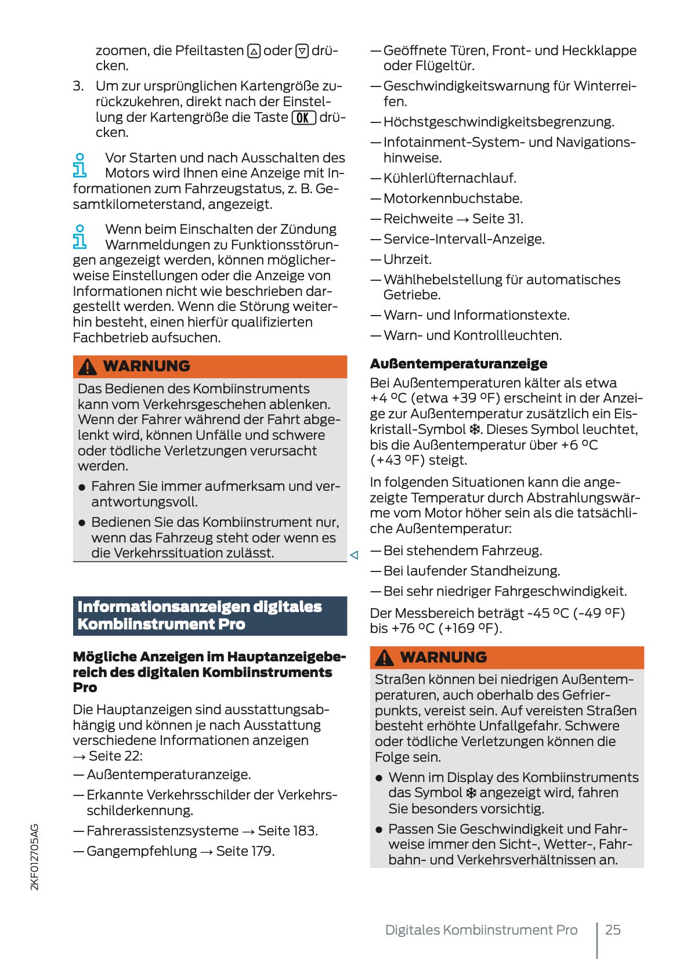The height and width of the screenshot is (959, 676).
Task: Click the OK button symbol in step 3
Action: click(303, 118)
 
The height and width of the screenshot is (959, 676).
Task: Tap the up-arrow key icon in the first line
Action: click(254, 52)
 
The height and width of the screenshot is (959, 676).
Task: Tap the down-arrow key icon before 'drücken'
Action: click(302, 52)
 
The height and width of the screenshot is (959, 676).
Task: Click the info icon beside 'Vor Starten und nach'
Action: click(80, 165)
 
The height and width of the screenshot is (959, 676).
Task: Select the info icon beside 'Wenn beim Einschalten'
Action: click(80, 237)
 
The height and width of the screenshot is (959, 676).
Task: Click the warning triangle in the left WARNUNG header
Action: click(88, 367)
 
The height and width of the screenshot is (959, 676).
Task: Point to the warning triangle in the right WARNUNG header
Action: click(385, 658)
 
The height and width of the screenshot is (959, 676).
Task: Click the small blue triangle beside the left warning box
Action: click(354, 555)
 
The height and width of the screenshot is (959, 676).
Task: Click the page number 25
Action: click(613, 930)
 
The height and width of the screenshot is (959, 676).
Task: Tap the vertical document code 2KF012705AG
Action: click(35, 857)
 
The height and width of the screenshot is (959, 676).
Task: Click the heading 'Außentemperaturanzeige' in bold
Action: click(458, 364)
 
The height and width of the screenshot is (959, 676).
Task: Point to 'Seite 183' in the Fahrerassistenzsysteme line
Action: click(287, 831)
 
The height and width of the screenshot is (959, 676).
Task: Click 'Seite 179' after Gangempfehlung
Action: click(244, 851)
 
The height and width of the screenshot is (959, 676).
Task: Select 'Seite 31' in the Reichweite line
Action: click(497, 219)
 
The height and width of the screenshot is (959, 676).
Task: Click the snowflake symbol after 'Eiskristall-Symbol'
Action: click(475, 430)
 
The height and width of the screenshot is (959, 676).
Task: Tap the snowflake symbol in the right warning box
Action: click(471, 793)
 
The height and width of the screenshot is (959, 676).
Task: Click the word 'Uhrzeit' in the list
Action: click(407, 259)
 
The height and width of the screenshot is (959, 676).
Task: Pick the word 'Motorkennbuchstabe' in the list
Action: click(452, 198)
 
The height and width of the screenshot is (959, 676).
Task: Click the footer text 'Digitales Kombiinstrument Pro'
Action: click(481, 930)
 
